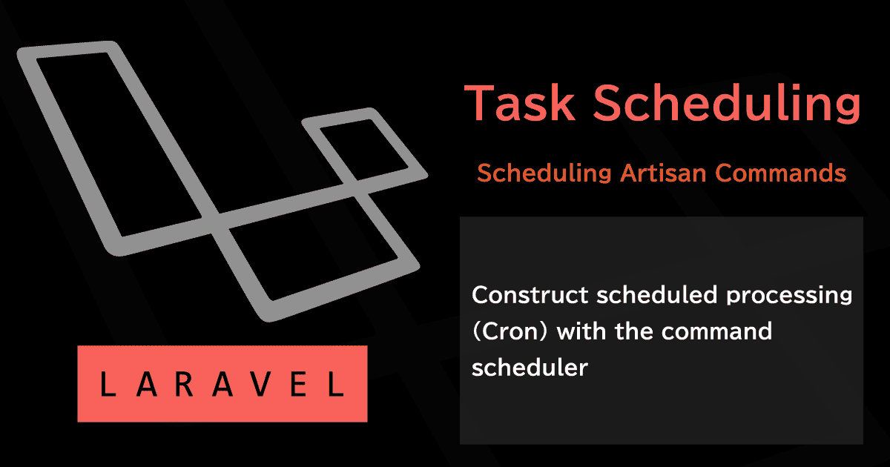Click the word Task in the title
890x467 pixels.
(520, 102)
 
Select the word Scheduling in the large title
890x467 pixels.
(727, 103)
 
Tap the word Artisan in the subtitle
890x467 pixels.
(663, 173)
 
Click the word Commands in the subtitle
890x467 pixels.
(781, 173)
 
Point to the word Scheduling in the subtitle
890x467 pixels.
(544, 174)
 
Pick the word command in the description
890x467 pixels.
(716, 331)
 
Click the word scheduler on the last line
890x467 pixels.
(530, 368)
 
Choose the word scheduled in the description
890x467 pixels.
(657, 295)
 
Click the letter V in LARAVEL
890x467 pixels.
(261, 384)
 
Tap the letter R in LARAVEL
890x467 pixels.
(184, 384)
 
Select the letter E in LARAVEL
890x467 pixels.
(299, 384)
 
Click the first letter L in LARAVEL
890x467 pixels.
(108, 384)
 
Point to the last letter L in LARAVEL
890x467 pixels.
(336, 384)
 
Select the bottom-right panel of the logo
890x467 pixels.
(401, 254)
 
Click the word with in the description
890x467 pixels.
(581, 331)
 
